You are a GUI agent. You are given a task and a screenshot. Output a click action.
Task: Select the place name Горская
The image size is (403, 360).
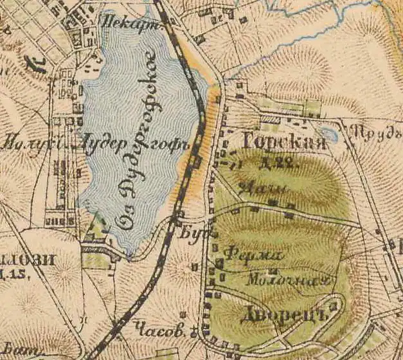pyautogui.click(x=284, y=143)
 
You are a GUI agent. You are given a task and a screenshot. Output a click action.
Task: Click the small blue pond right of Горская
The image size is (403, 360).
pyautogui.click(x=328, y=134)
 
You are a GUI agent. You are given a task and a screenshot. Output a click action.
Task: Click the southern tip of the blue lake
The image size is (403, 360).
pyautogui.click(x=132, y=254)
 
